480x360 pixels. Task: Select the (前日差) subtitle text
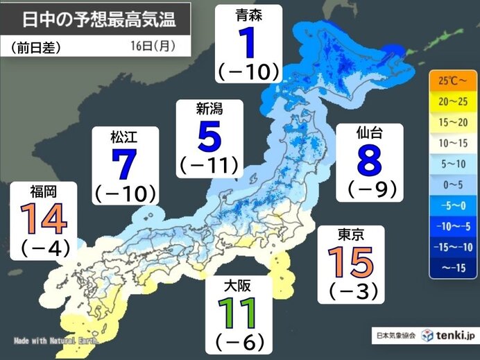pyautogui.click(x=37, y=48)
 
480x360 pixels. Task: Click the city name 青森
pyautogui.click(x=248, y=14)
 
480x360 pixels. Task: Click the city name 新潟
pyautogui.click(x=209, y=109)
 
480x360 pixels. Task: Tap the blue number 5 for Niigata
pyautogui.click(x=209, y=137)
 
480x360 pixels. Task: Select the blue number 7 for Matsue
pyautogui.click(x=123, y=165)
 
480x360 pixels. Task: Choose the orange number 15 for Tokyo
pyautogui.click(x=350, y=263)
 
